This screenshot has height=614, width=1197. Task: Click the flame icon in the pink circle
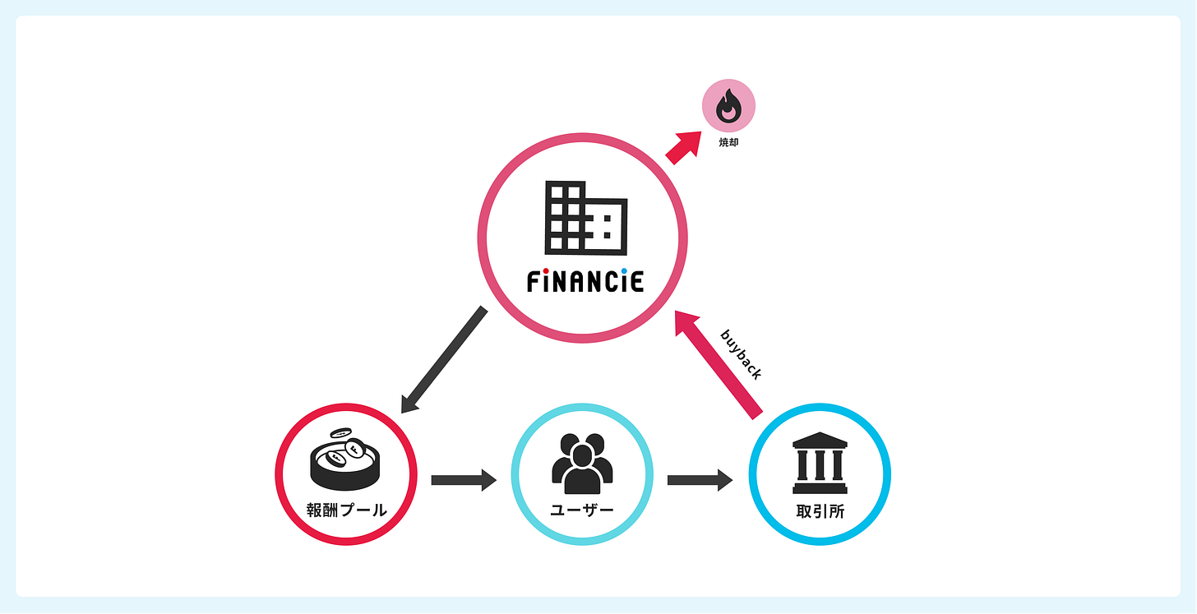pyautogui.click(x=728, y=108)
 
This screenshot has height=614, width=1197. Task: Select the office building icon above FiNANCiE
pyautogui.click(x=585, y=217)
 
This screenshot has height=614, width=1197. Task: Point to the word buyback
pyautogui.click(x=741, y=354)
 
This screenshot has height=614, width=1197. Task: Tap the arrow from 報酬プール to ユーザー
pyautogui.click(x=464, y=479)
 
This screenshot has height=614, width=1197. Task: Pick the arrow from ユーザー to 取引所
pyautogui.click(x=700, y=479)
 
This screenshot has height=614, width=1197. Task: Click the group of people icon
pyautogui.click(x=582, y=461)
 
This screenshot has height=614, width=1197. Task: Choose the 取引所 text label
pyautogui.click(x=820, y=511)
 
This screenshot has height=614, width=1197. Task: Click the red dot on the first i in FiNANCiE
pyautogui.click(x=547, y=270)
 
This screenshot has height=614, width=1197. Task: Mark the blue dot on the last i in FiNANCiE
pyautogui.click(x=624, y=270)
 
